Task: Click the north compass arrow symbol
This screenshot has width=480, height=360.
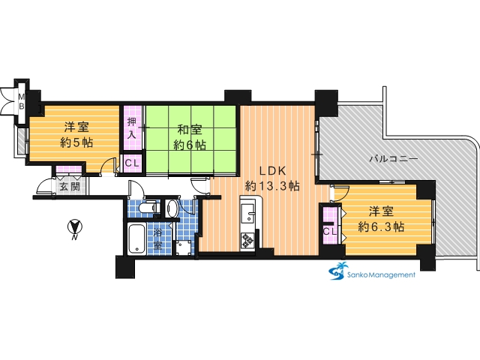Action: (75, 227)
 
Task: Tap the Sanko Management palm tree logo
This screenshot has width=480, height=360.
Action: (337, 271)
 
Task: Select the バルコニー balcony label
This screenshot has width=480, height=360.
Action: (393, 159)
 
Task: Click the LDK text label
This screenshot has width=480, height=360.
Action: (272, 171)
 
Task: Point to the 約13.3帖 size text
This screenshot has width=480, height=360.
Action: (272, 186)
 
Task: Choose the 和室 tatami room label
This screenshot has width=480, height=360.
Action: (190, 130)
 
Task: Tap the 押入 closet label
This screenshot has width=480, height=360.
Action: (132, 128)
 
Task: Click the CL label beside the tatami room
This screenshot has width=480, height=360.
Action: (132, 163)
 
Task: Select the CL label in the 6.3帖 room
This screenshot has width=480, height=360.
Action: (329, 232)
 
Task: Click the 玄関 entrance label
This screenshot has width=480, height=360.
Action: (69, 187)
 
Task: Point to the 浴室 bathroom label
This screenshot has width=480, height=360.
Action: (157, 238)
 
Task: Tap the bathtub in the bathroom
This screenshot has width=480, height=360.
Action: (136, 238)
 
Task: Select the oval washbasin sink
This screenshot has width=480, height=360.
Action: (172, 208)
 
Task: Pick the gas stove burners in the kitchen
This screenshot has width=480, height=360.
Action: (247, 240)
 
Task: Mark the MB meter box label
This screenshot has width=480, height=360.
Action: (22, 101)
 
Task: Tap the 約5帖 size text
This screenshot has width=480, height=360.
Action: (76, 142)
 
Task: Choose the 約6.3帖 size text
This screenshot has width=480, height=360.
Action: (381, 226)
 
